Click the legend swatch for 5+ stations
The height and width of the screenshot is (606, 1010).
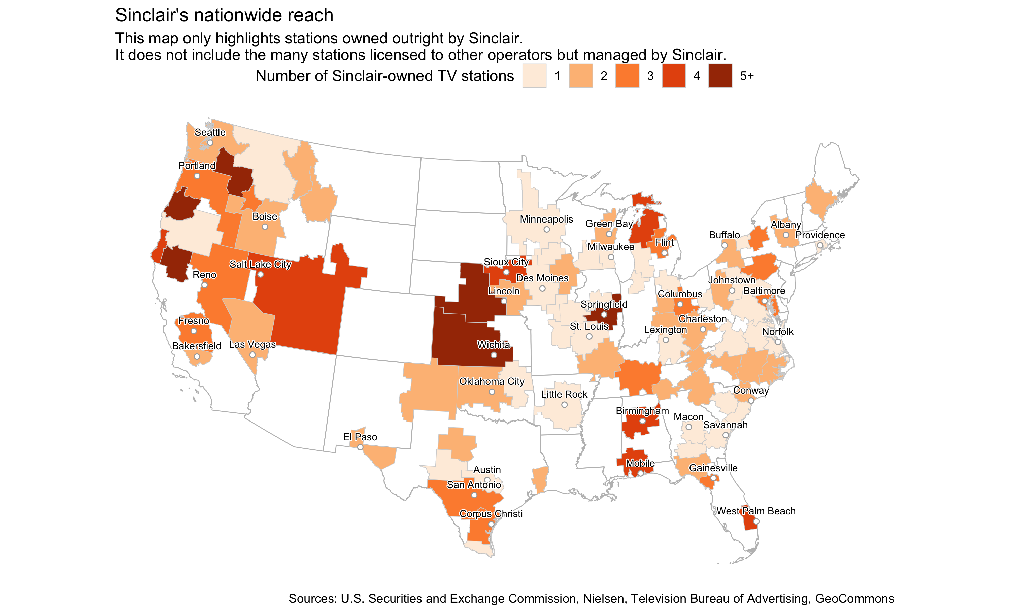(720, 76)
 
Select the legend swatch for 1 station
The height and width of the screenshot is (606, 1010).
(534, 76)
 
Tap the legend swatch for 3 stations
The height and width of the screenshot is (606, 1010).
(628, 76)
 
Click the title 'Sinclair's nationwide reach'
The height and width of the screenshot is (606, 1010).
(224, 15)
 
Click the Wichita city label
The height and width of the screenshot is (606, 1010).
(494, 345)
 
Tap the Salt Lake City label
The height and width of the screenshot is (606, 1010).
(260, 265)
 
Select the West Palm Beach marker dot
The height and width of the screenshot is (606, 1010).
(756, 521)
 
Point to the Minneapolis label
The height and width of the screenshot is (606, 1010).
(546, 219)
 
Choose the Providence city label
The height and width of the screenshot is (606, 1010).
(820, 235)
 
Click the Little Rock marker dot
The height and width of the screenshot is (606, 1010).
(564, 405)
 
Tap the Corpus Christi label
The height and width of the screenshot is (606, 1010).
(491, 514)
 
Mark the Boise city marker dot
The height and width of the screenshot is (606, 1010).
(265, 227)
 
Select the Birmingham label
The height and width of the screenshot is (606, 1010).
(642, 411)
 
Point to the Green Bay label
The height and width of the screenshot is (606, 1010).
(609, 224)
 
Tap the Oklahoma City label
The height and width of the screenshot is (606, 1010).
(492, 381)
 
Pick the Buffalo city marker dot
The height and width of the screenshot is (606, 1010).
(725, 246)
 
